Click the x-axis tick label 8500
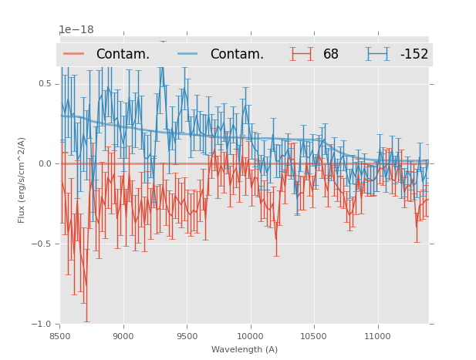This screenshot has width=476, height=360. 59,335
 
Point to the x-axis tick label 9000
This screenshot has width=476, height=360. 123,335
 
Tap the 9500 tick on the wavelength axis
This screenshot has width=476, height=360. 187,335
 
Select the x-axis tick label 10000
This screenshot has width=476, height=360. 250,335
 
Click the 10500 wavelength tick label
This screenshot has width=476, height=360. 314,335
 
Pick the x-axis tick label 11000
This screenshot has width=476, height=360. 377,335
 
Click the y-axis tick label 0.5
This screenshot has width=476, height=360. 46,84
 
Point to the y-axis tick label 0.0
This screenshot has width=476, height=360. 46,164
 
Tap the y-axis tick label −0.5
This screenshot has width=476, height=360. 42,244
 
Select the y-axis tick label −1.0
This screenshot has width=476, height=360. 42,325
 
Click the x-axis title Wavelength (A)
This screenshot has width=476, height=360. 245,350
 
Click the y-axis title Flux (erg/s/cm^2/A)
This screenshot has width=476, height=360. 22,180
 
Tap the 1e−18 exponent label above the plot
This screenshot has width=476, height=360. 76,30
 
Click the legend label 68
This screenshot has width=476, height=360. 331,55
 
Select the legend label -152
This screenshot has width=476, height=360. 414,55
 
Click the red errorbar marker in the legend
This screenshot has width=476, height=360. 302,54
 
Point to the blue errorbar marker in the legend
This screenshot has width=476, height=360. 378,54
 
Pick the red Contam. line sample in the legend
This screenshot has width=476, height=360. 74,54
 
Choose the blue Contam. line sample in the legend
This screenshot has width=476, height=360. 188,54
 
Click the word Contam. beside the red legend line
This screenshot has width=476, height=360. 123,55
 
